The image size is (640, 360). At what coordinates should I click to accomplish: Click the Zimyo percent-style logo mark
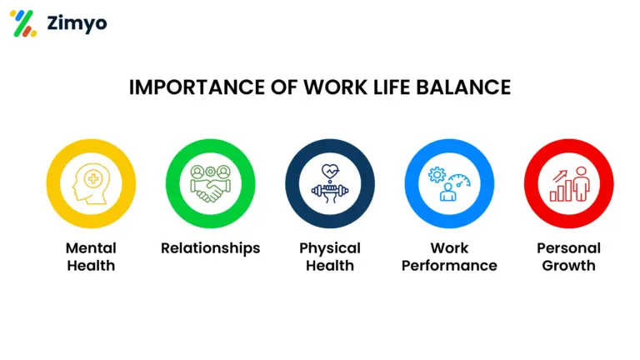(x=23, y=23)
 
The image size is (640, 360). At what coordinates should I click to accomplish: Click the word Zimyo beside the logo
(x=77, y=23)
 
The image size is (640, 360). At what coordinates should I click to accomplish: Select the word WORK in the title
(x=335, y=87)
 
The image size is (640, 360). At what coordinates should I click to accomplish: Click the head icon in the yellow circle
(x=91, y=183)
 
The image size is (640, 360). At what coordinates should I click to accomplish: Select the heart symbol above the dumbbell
(x=330, y=171)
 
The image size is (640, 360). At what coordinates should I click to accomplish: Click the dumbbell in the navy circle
(x=330, y=190)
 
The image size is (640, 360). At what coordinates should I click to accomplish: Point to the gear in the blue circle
(x=437, y=175)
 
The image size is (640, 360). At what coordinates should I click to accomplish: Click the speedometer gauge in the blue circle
(x=460, y=180)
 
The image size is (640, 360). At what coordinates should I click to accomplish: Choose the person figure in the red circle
(x=581, y=183)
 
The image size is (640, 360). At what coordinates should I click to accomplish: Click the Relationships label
(x=210, y=248)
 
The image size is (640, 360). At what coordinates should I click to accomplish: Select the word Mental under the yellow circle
(x=91, y=248)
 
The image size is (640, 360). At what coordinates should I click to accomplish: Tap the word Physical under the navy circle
(x=330, y=248)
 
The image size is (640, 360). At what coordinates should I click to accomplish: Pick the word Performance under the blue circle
(x=449, y=266)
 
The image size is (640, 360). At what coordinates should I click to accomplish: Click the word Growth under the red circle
(x=568, y=266)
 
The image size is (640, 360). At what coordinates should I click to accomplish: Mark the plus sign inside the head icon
(x=93, y=179)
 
